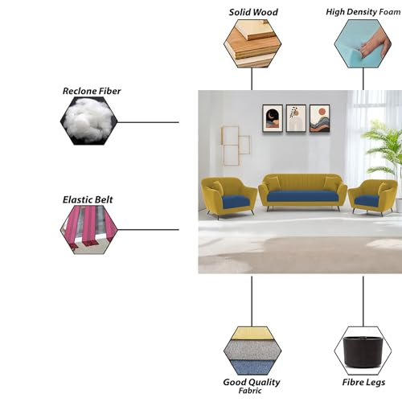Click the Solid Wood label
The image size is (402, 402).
coord(253,12)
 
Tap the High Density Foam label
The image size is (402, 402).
coord(363,12)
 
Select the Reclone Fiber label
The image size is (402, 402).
coord(92,91)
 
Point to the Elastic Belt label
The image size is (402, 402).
coord(88,199)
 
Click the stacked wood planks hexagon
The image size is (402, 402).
coord(252,43)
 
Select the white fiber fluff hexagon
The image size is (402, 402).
coord(89,121)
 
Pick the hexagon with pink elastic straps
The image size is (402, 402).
coord(89,230)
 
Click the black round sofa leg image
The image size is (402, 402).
coord(363,351)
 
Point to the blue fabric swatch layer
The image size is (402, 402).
coord(252,367)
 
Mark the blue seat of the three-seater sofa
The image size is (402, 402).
coord(302,197)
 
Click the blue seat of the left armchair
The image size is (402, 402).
coord(236,201)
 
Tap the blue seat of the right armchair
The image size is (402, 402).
coord(367,201)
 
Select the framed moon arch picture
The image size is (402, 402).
coord(273,118)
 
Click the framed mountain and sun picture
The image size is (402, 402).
coord(319,118)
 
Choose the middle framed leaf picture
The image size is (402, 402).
coord(296,118)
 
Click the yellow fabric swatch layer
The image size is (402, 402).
coord(252,334)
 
